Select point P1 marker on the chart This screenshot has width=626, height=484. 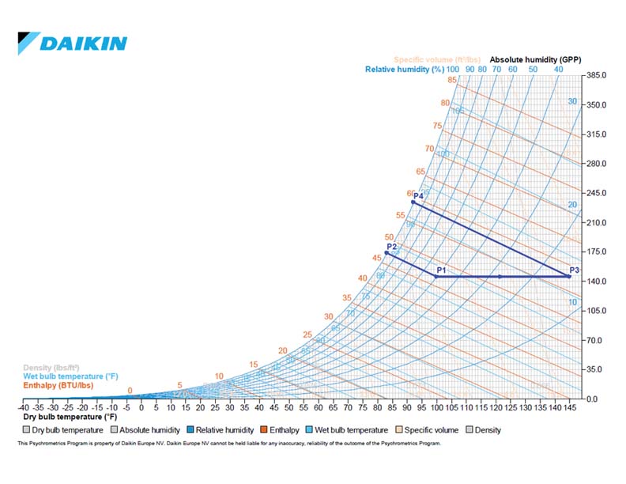point(436,277)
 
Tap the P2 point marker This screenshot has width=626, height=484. point(387,253)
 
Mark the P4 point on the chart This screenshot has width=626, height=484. point(413,202)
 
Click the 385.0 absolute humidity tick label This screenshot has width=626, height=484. point(597,76)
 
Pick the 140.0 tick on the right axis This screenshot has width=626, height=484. point(597,282)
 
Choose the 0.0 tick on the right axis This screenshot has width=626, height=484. point(592,399)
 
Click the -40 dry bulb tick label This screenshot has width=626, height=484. point(24,408)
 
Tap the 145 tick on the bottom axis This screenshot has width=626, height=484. point(569,408)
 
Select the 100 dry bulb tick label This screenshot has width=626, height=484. point(436,408)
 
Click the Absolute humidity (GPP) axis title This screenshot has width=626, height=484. point(535,59)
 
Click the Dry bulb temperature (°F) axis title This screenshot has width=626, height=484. point(70,417)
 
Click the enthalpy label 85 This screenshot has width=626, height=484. point(452,80)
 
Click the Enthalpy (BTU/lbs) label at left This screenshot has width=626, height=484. point(58,386)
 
